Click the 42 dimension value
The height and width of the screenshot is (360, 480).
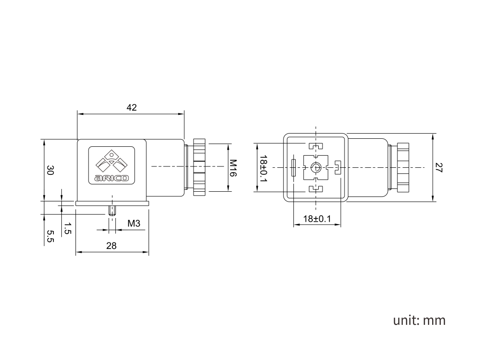click(x=132, y=107)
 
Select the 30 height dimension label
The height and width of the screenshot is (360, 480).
click(x=50, y=170)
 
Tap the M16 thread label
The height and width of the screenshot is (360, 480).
click(x=233, y=168)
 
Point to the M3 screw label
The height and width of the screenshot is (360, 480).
click(x=134, y=224)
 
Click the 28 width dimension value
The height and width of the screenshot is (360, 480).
click(x=112, y=246)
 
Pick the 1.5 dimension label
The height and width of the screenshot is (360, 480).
click(x=67, y=228)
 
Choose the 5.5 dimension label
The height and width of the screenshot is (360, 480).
click(x=50, y=236)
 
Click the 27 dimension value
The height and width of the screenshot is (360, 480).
click(x=439, y=167)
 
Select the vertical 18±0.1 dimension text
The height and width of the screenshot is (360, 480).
click(x=263, y=168)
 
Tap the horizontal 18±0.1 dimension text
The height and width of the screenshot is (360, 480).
click(x=317, y=219)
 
